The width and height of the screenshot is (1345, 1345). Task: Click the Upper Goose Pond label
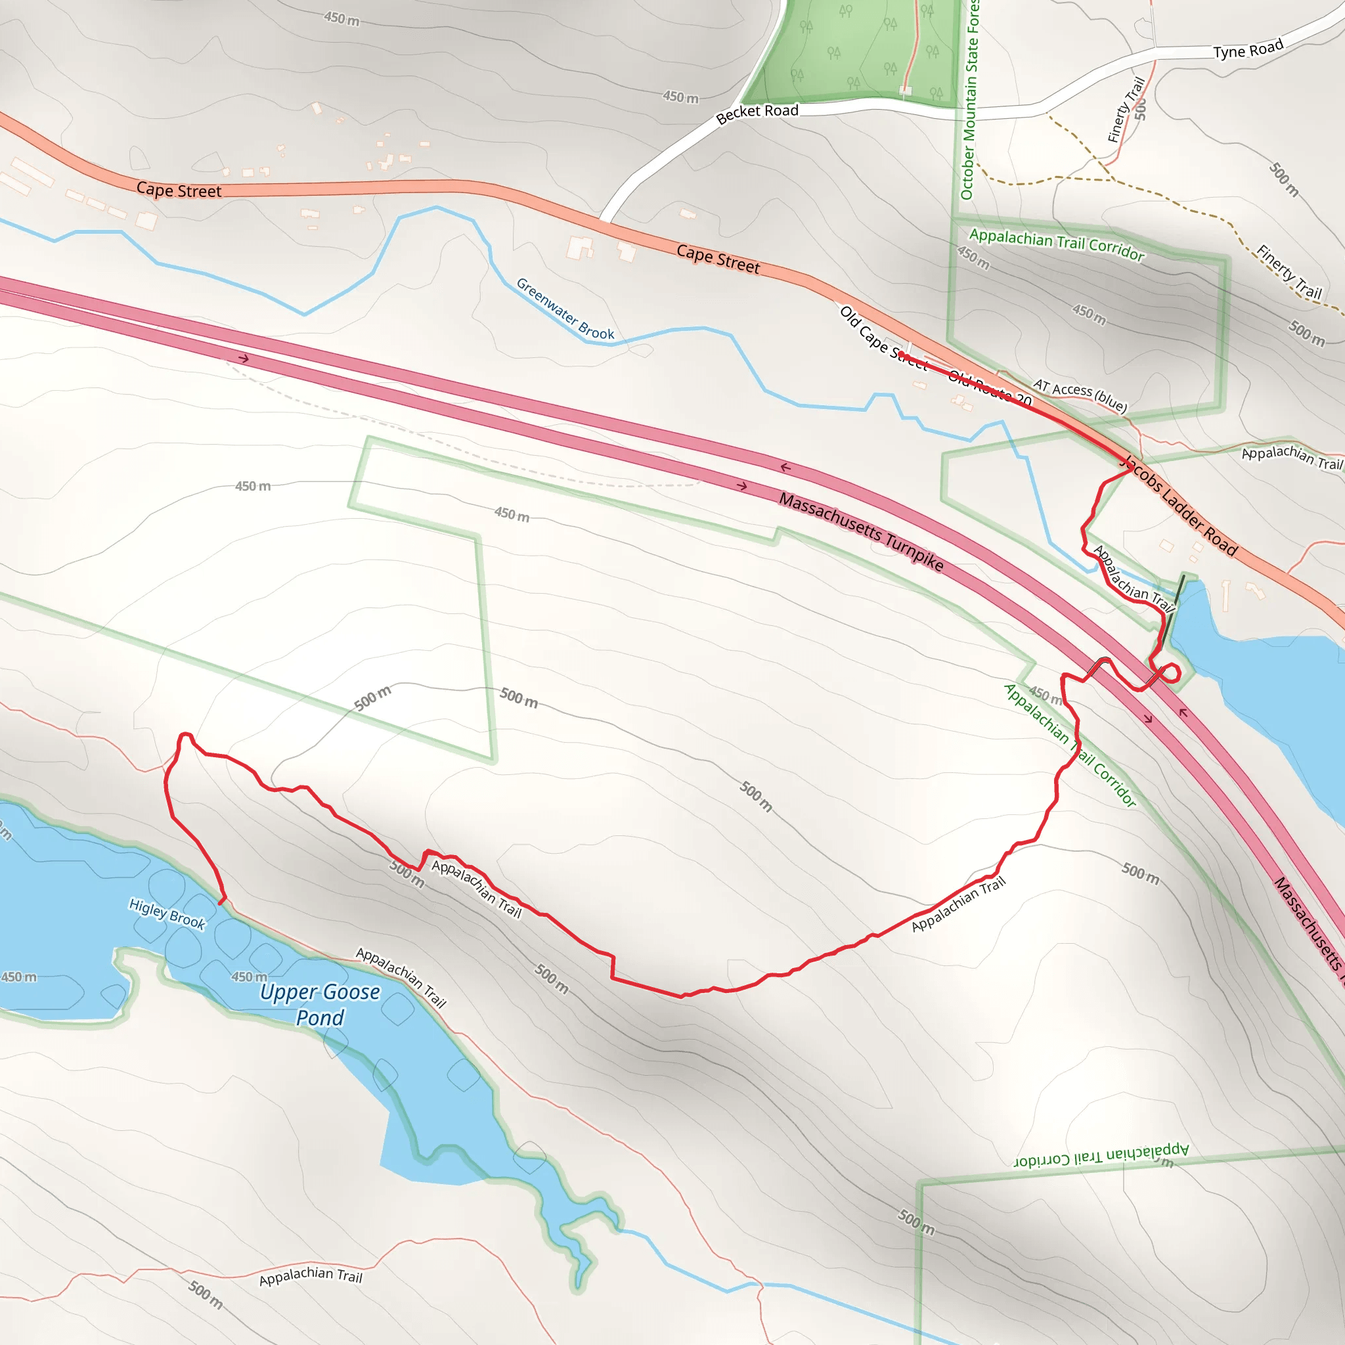(x=320, y=1005)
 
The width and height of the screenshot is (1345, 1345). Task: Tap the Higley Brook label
(x=167, y=914)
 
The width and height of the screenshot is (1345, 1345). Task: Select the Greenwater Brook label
(x=565, y=309)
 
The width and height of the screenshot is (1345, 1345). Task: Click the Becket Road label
(x=757, y=114)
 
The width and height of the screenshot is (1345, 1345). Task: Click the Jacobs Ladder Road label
(x=1181, y=506)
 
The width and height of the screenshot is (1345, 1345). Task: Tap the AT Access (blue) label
(x=1079, y=395)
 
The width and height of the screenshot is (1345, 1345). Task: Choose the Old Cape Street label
(x=883, y=338)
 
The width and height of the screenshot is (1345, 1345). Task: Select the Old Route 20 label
(x=989, y=387)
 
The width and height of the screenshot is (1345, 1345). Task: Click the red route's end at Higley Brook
(x=221, y=903)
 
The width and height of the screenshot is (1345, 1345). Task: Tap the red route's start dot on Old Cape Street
(x=902, y=355)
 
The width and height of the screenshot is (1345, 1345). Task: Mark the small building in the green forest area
(x=905, y=91)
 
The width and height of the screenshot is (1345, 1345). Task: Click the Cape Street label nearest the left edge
(x=178, y=190)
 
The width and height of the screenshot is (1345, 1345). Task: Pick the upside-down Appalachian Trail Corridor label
(x=1101, y=1155)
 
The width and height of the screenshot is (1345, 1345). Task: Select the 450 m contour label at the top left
(x=341, y=19)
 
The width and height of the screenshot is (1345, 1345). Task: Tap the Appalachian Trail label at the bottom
(x=311, y=1275)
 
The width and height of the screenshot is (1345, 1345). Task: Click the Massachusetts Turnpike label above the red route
(x=860, y=531)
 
